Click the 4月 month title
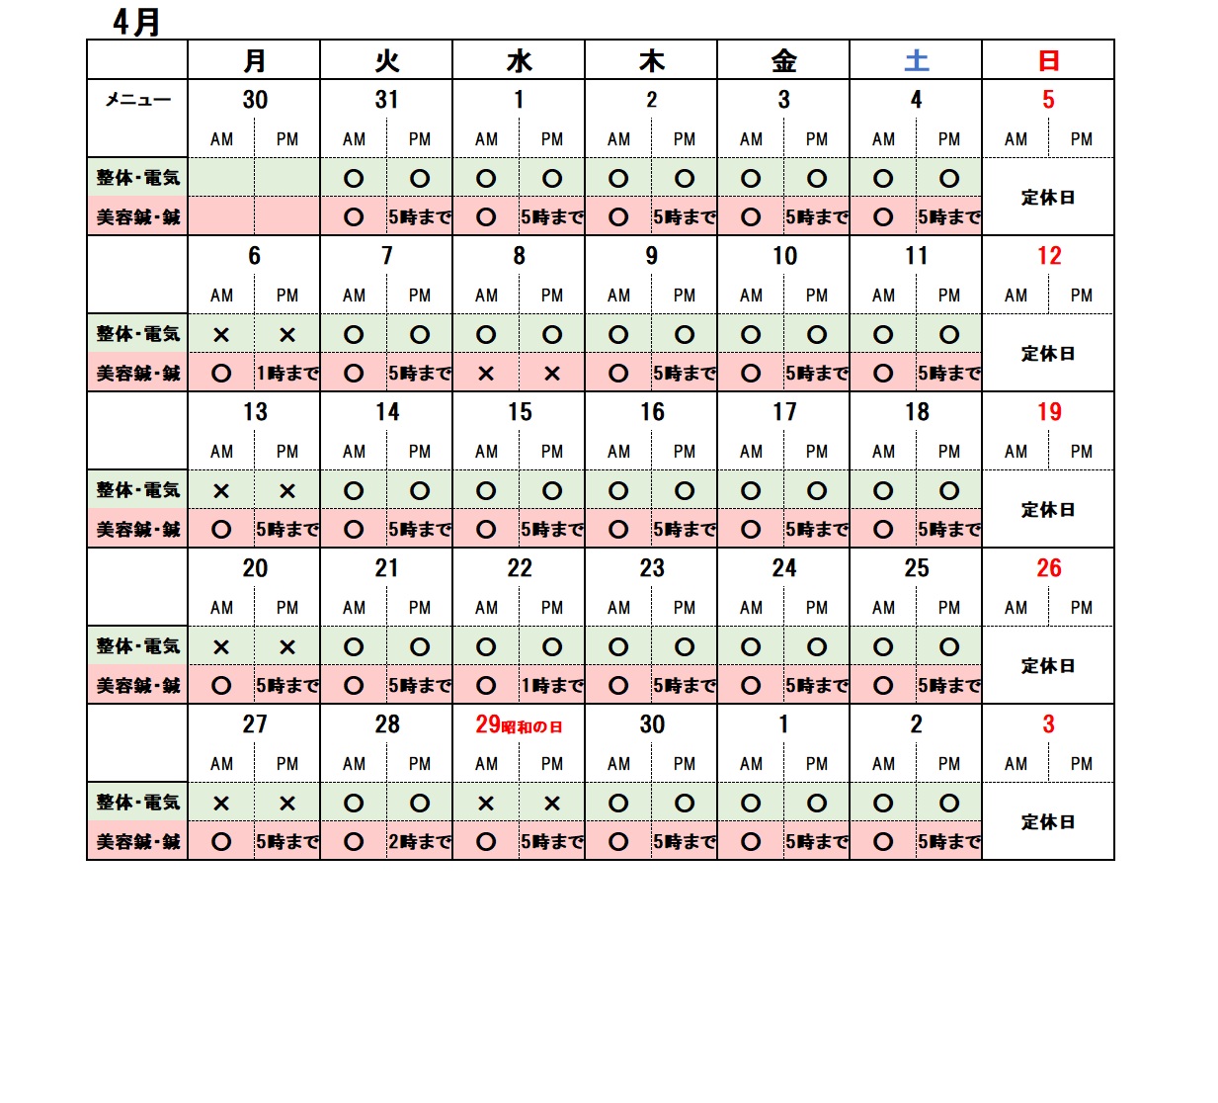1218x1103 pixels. pyautogui.click(x=136, y=22)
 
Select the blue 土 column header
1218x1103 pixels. pyautogui.click(x=916, y=61)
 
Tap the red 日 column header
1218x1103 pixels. pyautogui.click(x=1048, y=61)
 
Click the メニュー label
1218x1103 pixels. pyautogui.click(x=137, y=100)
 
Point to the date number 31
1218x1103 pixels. pyautogui.click(x=386, y=100)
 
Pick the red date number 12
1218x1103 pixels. pyautogui.click(x=1048, y=256)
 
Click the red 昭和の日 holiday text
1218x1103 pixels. pyautogui.click(x=532, y=727)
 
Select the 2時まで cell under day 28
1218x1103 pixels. pyautogui.click(x=420, y=842)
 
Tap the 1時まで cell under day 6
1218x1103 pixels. pyautogui.click(x=287, y=374)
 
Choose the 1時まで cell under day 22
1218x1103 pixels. pyautogui.click(x=552, y=686)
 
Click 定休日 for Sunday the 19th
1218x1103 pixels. pyautogui.click(x=1048, y=510)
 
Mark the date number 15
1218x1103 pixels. pyautogui.click(x=520, y=412)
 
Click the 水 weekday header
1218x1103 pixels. pyautogui.click(x=519, y=61)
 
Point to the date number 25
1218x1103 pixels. pyautogui.click(x=916, y=568)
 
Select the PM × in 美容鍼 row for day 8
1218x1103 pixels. pyautogui.click(x=552, y=374)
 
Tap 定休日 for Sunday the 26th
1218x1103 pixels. pyautogui.click(x=1048, y=666)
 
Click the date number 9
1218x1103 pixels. pyautogui.click(x=651, y=256)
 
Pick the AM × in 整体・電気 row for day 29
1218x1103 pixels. pyautogui.click(x=486, y=804)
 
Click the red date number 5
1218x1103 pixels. pyautogui.click(x=1048, y=100)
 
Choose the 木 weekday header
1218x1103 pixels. pyautogui.click(x=651, y=61)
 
